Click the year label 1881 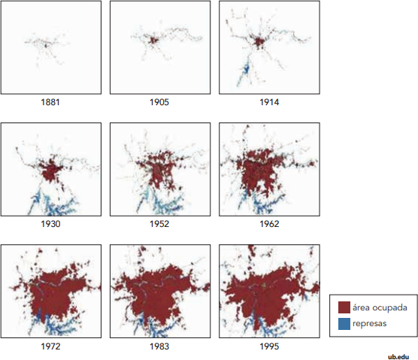(x=50, y=102)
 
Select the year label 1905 (x=159, y=102)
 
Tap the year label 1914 (x=269, y=102)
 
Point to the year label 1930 (x=50, y=224)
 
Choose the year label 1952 (x=159, y=224)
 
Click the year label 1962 (x=269, y=224)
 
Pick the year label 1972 (x=50, y=346)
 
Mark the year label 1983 (x=159, y=346)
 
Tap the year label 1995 (x=269, y=346)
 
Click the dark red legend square (x=344, y=307)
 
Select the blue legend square (x=344, y=324)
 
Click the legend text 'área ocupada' (x=380, y=308)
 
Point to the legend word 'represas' (x=369, y=324)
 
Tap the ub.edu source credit (x=398, y=357)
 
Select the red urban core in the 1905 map (x=153, y=41)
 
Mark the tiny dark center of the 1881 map (x=46, y=46)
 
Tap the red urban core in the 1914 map (x=259, y=42)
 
